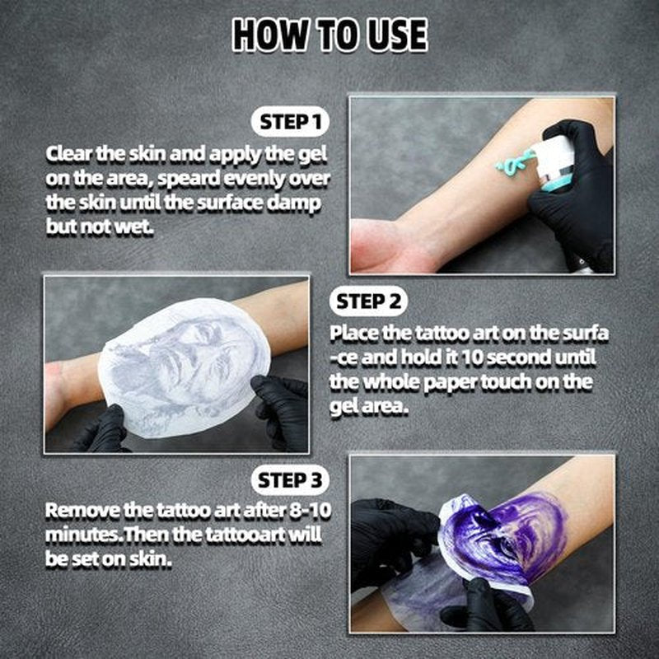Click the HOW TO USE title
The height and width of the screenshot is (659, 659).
pos(330,35)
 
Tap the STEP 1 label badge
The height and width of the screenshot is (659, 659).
pos(290,122)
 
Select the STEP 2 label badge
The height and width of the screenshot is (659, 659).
pos(368,301)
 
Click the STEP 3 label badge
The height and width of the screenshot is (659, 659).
pos(290,480)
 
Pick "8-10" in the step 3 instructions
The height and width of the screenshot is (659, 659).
pos(310,511)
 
